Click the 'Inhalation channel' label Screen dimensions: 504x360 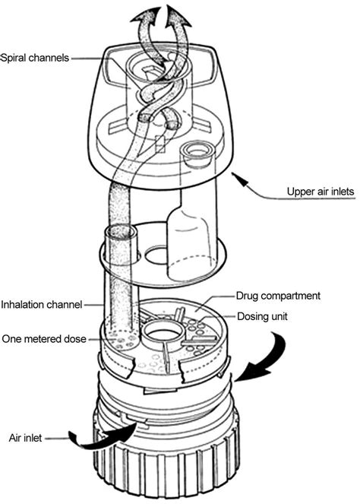(41, 306)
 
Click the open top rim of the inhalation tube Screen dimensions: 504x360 (120, 231)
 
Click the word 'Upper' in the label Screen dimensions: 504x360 (298, 192)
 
